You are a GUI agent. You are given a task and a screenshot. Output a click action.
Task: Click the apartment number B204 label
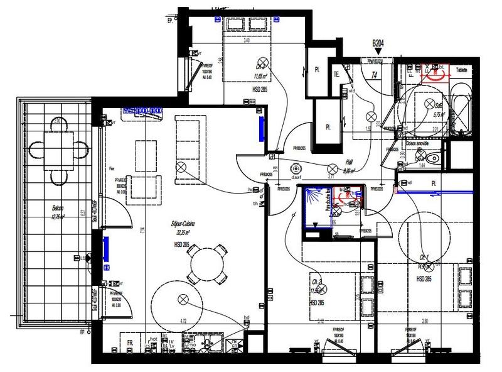(378, 43)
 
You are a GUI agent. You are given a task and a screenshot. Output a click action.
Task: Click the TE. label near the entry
(336, 74)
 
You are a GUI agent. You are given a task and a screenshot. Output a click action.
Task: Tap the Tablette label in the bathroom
(462, 70)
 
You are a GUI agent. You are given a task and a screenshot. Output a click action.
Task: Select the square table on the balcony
(59, 149)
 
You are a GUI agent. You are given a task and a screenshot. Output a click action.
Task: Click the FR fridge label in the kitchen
(130, 344)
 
